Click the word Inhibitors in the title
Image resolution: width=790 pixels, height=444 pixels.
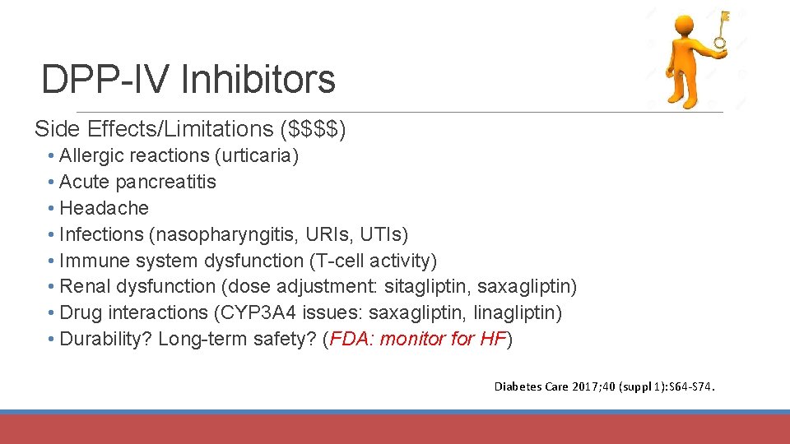point(258,80)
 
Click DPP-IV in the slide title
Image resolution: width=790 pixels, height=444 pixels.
point(105,80)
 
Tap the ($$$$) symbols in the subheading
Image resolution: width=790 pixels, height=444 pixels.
point(314,129)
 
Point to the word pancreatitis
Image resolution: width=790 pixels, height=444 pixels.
point(166,182)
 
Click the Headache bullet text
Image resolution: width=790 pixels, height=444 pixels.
point(104,208)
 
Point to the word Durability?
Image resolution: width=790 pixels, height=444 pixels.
point(106,340)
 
